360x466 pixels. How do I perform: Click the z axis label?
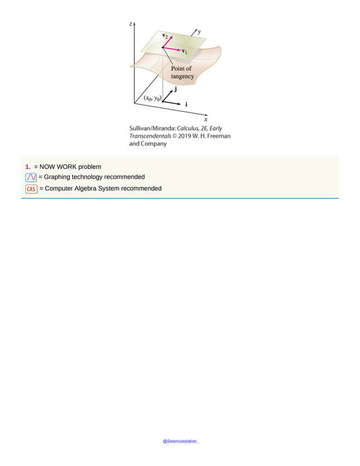[131, 24]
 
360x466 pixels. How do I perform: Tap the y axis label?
[200, 32]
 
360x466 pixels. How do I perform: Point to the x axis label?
[206, 119]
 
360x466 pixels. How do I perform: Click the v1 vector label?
[185, 52]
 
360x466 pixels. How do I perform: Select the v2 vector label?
[164, 36]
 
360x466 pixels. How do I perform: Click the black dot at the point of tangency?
[163, 48]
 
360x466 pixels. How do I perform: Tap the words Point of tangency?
[182, 72]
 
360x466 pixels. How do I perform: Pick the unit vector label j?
[176, 89]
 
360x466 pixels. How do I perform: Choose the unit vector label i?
[187, 105]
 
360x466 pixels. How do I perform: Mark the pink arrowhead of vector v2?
[170, 38]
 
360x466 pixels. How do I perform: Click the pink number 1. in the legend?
[28, 167]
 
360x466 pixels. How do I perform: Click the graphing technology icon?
[31, 177]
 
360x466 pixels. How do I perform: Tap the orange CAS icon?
[31, 189]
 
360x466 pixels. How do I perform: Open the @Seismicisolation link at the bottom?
[180, 441]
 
